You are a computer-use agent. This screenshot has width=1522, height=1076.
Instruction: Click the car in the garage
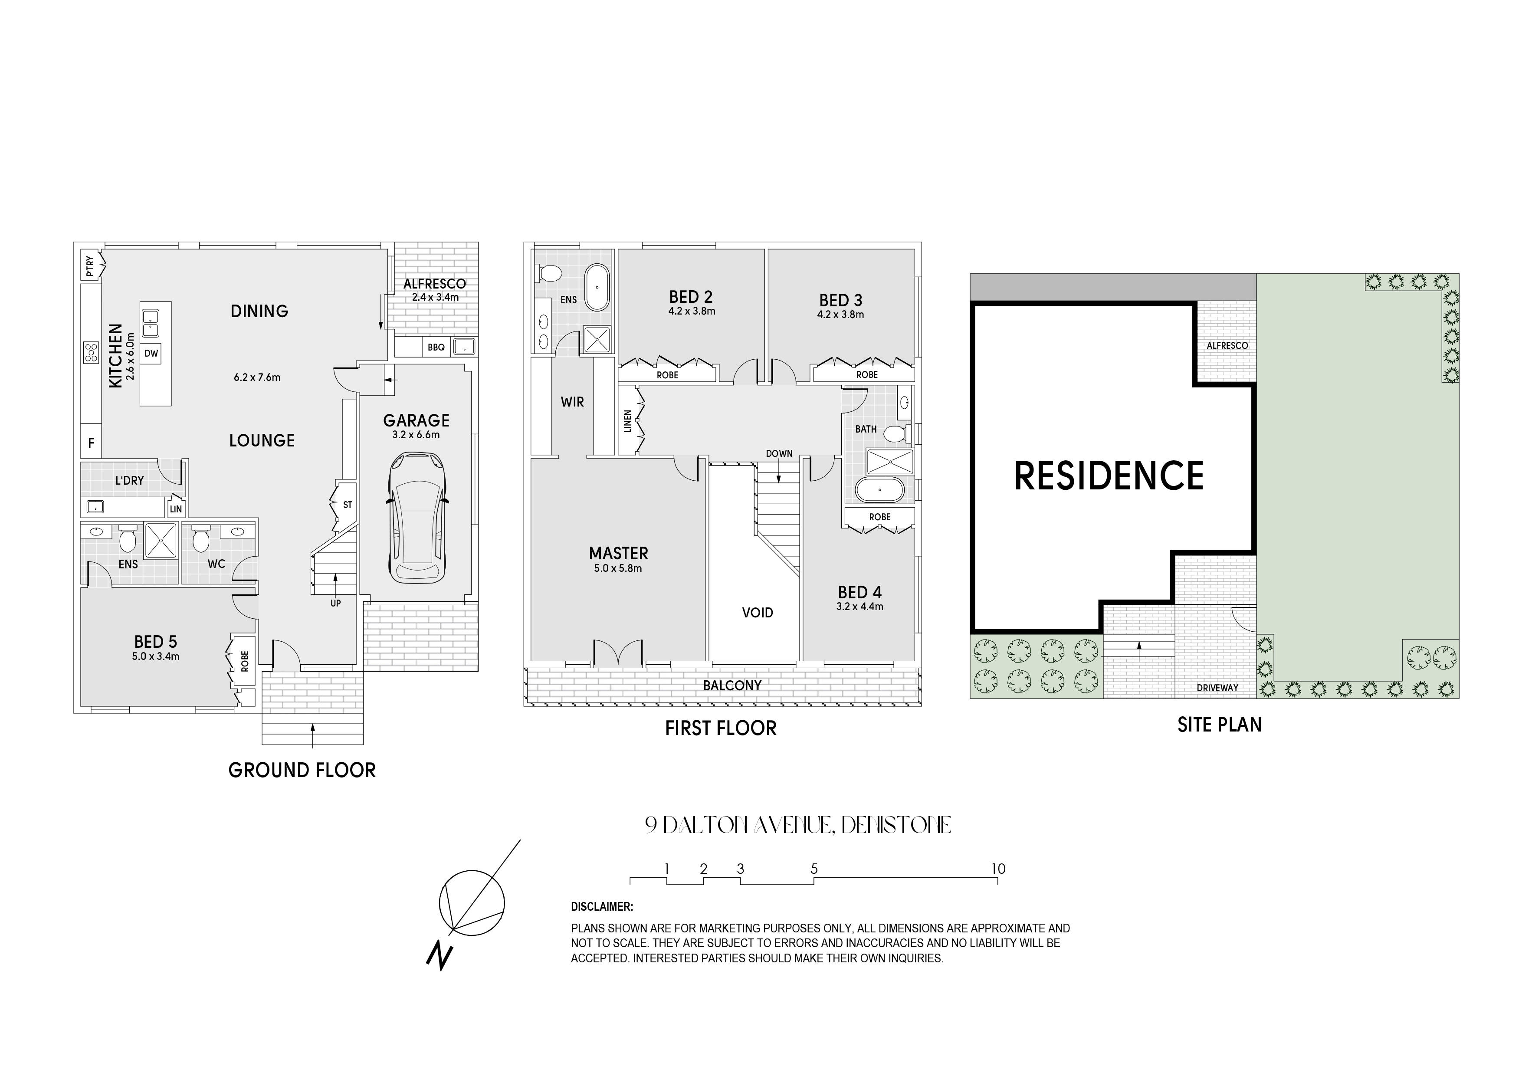[417, 518]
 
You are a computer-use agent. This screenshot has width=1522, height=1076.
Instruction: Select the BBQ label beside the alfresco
[436, 348]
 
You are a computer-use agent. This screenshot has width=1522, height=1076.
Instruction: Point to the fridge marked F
[92, 443]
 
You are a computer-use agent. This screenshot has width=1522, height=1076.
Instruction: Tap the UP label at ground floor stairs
[335, 604]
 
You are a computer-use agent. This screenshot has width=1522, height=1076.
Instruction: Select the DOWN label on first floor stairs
[779, 453]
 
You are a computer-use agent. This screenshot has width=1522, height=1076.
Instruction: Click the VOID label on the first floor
[758, 613]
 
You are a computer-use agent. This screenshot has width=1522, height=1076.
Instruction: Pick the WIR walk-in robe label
[573, 402]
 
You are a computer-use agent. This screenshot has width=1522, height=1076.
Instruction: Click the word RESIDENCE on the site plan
[1109, 476]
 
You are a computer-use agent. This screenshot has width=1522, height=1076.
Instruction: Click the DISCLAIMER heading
[602, 907]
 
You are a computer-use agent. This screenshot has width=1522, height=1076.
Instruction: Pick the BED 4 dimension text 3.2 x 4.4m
[860, 606]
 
